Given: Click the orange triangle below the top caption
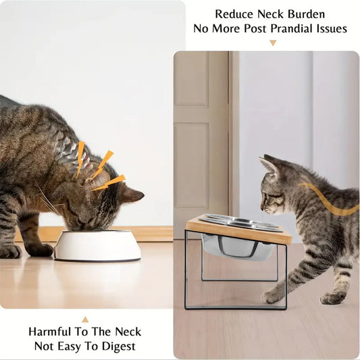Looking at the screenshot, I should click(273, 43).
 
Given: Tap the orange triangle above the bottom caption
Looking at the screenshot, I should click(85, 319).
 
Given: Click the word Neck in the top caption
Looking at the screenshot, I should click(278, 14).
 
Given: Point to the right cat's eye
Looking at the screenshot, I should click(264, 195).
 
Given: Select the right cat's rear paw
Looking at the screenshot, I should click(332, 297).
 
